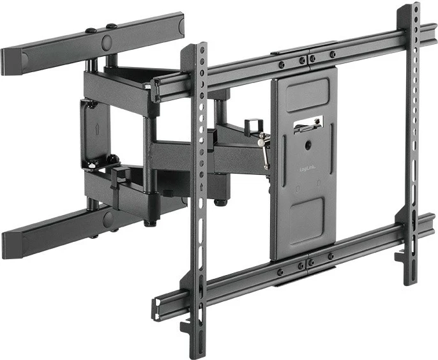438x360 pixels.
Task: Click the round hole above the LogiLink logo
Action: (x=308, y=146)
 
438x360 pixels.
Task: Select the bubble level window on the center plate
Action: (x=308, y=124)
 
